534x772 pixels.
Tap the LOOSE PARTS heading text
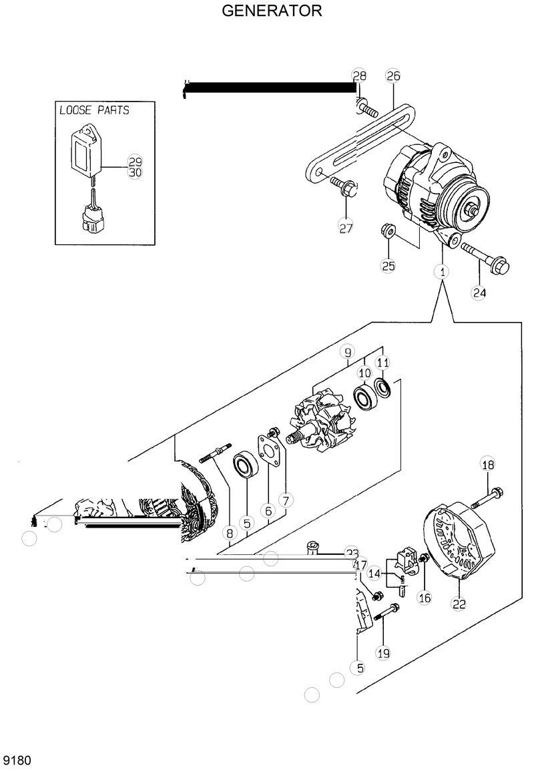point(93,110)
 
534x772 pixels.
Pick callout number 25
point(388,265)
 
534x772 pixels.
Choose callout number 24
point(479,292)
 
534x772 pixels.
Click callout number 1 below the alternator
point(441,271)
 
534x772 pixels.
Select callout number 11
point(382,363)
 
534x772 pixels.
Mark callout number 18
point(487,465)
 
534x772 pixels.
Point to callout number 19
point(382,653)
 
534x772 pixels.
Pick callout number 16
point(425,598)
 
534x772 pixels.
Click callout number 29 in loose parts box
point(135,162)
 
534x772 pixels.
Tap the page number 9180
point(19,761)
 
